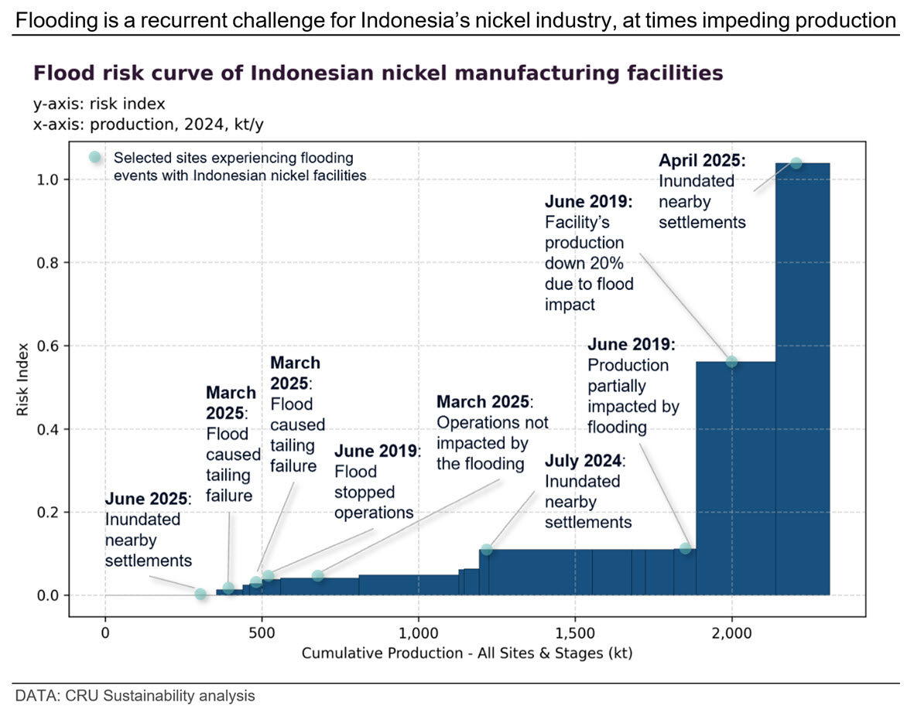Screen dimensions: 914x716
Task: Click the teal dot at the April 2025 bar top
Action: [796, 163]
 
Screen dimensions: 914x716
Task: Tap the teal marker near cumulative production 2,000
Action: [731, 362]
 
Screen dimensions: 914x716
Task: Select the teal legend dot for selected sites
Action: [94, 157]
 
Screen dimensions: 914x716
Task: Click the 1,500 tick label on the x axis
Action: [575, 633]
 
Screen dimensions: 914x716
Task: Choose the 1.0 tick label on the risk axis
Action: [48, 179]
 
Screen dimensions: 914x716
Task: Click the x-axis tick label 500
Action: [262, 633]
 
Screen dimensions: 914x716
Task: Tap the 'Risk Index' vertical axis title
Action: [22, 380]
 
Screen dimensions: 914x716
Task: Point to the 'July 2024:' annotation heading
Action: [585, 461]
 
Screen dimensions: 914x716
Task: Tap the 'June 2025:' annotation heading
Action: [148, 499]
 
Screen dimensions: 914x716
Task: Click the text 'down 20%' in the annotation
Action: [584, 264]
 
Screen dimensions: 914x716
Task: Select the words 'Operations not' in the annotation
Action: [492, 422]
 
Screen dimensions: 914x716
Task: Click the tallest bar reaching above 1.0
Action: [803, 380]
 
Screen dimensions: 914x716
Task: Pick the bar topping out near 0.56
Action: [736, 479]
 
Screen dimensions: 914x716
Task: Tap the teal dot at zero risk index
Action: [200, 595]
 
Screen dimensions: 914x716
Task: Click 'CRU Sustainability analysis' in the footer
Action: [159, 696]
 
